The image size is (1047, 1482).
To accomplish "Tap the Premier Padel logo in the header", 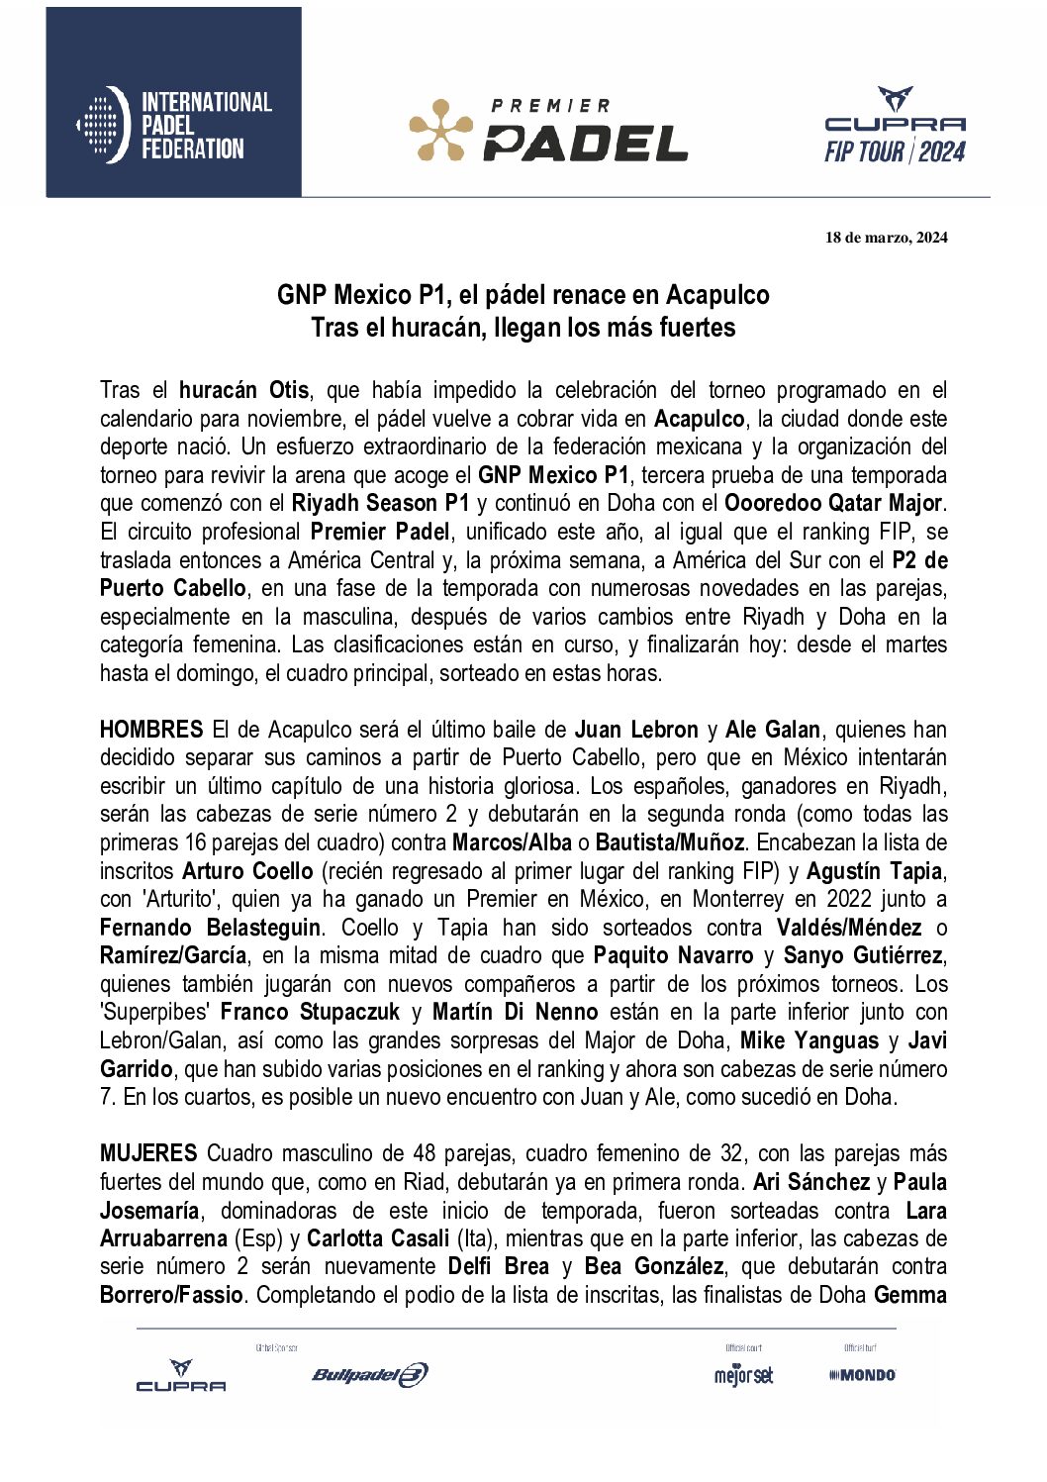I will click(548, 130).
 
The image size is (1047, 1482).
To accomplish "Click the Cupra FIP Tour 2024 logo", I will click(895, 126).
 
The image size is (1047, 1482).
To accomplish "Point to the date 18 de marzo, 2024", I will click(886, 238).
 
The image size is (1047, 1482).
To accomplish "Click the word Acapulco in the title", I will click(717, 295).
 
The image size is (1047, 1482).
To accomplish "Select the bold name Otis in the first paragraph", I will click(289, 390).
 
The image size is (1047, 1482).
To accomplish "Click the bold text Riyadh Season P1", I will click(380, 503).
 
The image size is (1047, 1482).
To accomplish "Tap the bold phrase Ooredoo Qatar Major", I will click(833, 503).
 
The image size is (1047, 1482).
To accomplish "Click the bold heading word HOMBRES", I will click(151, 730).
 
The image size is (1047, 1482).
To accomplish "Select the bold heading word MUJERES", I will click(148, 1153).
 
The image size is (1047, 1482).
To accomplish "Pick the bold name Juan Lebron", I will click(636, 730).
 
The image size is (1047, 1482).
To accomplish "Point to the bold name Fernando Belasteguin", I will click(210, 928).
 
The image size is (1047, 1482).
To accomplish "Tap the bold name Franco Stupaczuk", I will click(310, 1012).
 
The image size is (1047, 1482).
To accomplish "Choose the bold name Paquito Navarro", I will click(673, 955).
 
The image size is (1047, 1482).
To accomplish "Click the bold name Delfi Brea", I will click(498, 1266).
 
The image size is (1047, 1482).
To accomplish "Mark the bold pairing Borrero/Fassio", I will click(171, 1295).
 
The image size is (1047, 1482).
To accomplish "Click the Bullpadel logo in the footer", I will click(369, 1374).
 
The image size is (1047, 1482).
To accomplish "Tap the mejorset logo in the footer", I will click(743, 1375).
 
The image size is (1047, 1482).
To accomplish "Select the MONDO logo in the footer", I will click(862, 1375).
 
